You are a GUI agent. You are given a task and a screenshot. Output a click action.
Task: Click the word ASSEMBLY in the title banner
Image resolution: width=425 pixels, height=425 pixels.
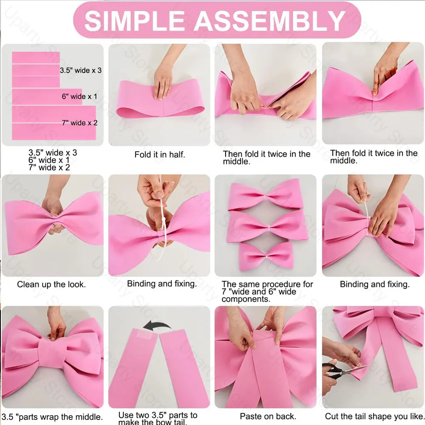(x=269, y=21)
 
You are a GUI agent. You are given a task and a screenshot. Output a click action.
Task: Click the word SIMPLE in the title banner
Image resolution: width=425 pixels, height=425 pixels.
(x=135, y=21)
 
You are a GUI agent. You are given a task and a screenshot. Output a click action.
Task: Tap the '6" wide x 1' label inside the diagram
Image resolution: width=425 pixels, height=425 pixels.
(x=79, y=96)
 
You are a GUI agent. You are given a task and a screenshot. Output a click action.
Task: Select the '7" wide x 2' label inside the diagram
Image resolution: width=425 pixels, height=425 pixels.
(x=80, y=123)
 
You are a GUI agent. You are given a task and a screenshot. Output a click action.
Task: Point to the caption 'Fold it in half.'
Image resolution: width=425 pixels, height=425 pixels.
(x=160, y=155)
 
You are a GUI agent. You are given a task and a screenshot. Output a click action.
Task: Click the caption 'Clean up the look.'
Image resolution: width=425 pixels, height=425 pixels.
(x=51, y=284)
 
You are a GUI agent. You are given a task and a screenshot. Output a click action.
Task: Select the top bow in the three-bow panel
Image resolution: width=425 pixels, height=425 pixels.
(x=265, y=194)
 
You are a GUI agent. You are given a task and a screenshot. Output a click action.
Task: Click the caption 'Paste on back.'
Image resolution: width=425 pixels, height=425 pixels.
(x=268, y=416)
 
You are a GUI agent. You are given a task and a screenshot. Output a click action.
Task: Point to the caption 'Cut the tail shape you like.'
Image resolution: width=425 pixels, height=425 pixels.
(x=374, y=416)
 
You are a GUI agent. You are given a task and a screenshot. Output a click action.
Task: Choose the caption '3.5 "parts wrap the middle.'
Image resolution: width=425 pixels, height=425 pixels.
(x=52, y=417)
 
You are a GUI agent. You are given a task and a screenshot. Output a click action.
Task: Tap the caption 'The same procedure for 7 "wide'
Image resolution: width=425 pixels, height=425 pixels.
(x=267, y=288)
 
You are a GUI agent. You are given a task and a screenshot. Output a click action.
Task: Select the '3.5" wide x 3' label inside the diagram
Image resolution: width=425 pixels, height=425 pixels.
(x=81, y=70)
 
